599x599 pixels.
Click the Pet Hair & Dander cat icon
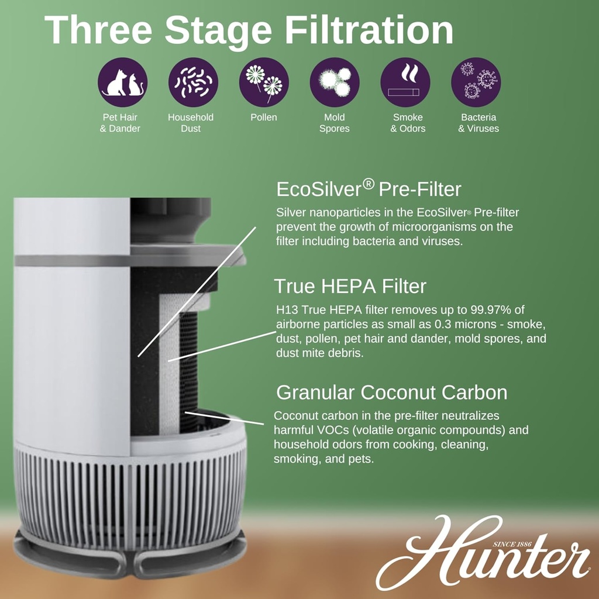coord(123,82)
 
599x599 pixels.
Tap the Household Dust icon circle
coord(193,82)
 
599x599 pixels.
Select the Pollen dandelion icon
coord(264,82)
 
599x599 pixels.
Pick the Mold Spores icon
coord(335,82)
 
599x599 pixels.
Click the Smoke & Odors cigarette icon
coord(405,82)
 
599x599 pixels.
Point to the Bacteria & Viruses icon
coord(476,82)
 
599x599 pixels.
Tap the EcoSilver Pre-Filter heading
coord(369,189)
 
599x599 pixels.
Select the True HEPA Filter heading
coord(350,286)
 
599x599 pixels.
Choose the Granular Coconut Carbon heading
coord(391,392)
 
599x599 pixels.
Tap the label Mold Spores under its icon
coord(335,123)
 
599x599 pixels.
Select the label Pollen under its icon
coord(264,118)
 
